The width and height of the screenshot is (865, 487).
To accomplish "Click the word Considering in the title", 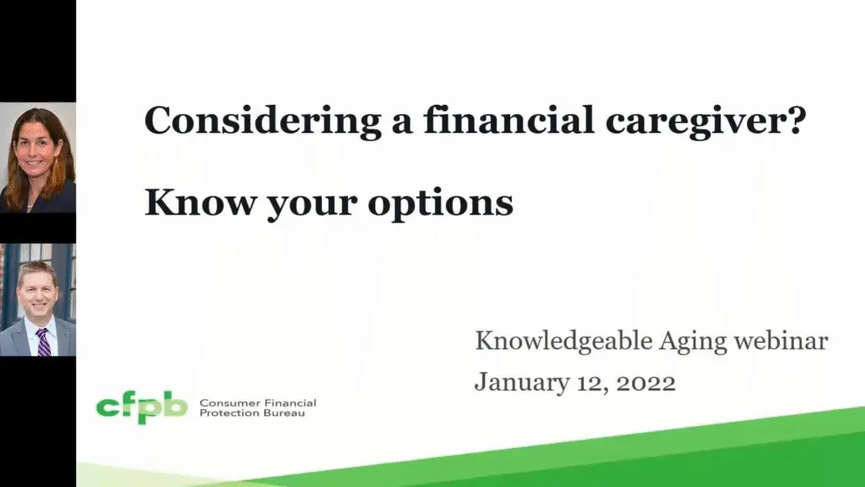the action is click(x=263, y=122).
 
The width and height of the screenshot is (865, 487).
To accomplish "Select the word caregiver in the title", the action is click(x=697, y=122).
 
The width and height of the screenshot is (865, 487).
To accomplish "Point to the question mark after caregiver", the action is click(x=797, y=118).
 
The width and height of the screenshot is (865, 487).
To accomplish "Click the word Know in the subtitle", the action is click(x=199, y=202).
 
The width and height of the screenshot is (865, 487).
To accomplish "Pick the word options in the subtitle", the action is click(x=440, y=203).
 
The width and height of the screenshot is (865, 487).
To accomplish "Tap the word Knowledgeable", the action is click(x=563, y=342).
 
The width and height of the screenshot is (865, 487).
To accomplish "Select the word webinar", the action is click(x=781, y=341).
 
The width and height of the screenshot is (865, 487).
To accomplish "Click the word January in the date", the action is click(x=522, y=383).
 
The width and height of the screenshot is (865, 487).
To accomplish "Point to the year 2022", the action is click(x=646, y=383).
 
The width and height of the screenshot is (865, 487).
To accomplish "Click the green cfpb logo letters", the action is click(x=142, y=408).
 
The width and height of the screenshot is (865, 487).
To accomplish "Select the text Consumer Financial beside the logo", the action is click(x=258, y=403).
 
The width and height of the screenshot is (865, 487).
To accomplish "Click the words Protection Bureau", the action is click(x=252, y=413).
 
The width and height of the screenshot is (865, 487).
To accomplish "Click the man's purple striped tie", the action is click(x=44, y=342).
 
